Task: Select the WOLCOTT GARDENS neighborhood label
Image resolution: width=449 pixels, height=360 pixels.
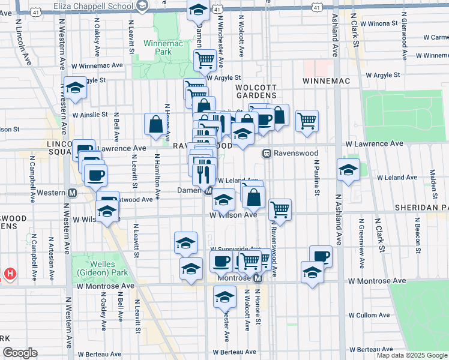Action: tap(256, 91)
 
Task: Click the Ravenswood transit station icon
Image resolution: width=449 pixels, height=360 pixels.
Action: tap(267, 154)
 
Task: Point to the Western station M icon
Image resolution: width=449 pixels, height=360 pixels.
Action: tap(72, 193)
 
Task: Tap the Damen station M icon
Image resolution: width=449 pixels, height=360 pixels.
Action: tap(208, 191)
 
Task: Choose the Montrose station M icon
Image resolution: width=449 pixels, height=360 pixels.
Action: tap(258, 278)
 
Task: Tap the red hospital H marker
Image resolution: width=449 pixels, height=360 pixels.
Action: tap(10, 274)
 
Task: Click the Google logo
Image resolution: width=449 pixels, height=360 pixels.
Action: tap(20, 353)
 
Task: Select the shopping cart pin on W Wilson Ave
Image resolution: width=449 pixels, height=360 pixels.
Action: tap(280, 209)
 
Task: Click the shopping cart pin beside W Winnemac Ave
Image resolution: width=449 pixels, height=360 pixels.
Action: tap(205, 60)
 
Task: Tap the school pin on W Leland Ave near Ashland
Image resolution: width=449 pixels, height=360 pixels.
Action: tap(348, 170)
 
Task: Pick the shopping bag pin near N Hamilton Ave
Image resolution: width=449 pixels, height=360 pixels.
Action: tap(155, 125)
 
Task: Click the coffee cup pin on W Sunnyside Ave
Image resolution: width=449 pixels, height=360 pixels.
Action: tap(221, 261)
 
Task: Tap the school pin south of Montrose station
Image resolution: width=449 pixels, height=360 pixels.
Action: tap(224, 296)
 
